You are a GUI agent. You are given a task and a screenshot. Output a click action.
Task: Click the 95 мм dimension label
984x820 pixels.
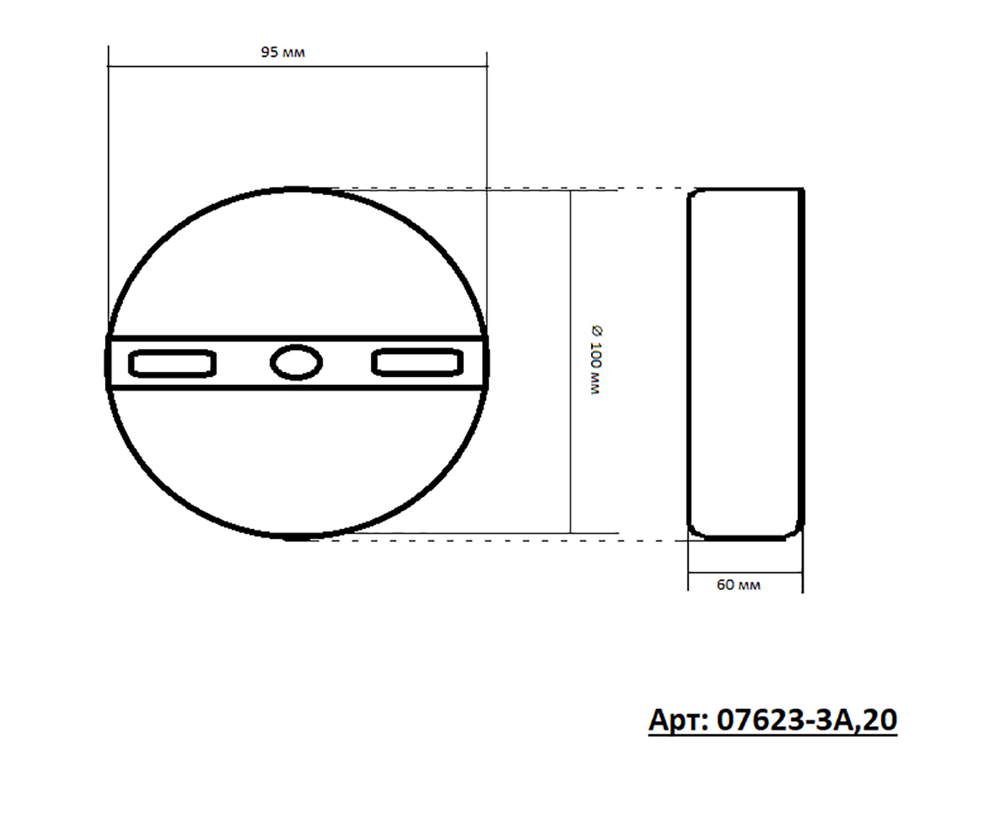pos(283,52)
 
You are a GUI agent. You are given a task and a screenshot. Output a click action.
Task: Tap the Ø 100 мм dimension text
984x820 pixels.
pos(596,360)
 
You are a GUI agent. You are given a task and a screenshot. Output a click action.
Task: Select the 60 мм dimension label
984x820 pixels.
pos(738,585)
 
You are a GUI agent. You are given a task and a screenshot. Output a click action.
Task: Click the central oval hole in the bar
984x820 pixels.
pos(297,362)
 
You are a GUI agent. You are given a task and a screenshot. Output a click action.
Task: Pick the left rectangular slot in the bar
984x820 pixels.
pos(172,363)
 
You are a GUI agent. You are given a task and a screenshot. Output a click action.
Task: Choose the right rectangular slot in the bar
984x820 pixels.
pos(417,362)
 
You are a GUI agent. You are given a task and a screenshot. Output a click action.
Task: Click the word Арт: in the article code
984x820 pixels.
pos(678,720)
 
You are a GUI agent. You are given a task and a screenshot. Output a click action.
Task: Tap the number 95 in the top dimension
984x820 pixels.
pos(269,52)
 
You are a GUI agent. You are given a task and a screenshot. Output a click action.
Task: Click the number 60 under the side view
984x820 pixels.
pos(725,585)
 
